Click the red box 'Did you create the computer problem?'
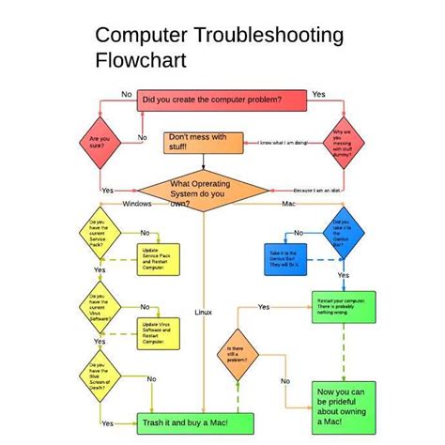222,99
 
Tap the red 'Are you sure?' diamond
100,142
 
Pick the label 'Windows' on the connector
136,204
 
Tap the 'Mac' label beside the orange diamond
289,204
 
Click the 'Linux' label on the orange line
204,312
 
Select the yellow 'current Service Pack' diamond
100,233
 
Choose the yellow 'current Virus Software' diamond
100,307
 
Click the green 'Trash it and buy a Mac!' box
185,423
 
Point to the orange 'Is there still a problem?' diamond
236,358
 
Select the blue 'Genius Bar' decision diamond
342,231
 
